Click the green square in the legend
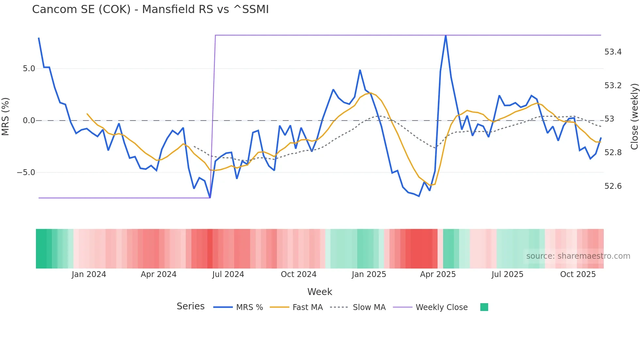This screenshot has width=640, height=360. tap(484, 307)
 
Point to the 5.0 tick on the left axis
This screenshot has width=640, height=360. tap(29, 69)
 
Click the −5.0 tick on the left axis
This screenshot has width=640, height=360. tap(26, 172)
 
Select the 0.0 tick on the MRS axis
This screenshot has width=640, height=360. tap(29, 121)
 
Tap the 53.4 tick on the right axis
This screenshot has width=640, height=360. tap(613, 52)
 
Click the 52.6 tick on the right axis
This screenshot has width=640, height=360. tap(613, 186)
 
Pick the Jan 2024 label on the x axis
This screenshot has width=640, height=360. tap(89, 274)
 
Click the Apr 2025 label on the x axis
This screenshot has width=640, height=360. tap(438, 274)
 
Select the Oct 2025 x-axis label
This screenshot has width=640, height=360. tap(578, 274)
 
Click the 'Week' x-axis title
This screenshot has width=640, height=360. tap(320, 292)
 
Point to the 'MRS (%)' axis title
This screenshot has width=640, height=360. tap(6, 117)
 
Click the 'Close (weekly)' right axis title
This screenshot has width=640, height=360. tap(634, 117)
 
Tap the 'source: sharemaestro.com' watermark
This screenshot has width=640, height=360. tap(578, 256)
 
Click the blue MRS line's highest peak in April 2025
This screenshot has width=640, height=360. tap(446, 36)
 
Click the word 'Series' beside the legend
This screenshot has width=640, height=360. tap(190, 306)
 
